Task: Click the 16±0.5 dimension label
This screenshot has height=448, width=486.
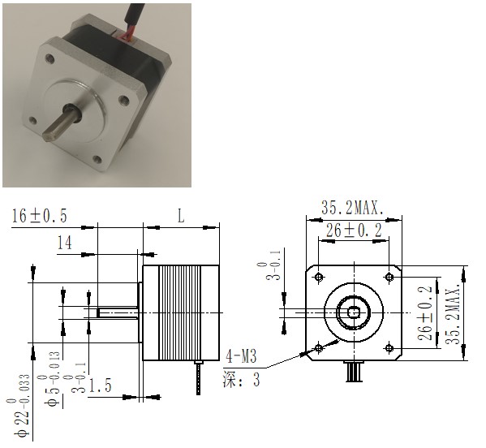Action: (x=40, y=216)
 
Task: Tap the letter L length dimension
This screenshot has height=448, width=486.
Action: (x=181, y=216)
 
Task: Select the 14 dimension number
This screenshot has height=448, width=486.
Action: (x=65, y=243)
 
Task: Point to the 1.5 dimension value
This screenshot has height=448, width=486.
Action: (x=100, y=386)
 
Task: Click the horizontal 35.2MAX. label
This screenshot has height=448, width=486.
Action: (x=353, y=208)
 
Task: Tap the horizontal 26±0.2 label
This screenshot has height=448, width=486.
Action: (x=354, y=230)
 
